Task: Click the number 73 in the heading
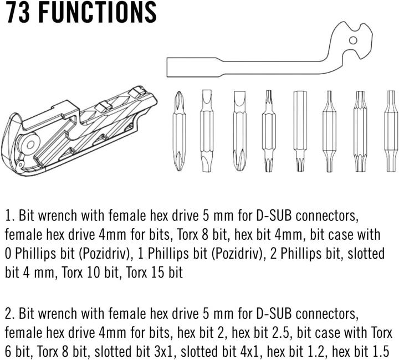18,12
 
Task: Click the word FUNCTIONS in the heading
98,12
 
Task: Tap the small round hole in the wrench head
353,40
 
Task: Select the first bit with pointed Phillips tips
179,131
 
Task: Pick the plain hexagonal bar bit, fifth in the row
300,131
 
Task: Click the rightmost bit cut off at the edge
391,131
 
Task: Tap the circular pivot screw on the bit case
31,145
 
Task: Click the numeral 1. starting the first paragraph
9,216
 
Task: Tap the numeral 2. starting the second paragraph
9,314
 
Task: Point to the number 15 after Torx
155,272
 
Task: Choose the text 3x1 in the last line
163,352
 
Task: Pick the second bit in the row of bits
206,131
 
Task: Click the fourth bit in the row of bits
269,131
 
